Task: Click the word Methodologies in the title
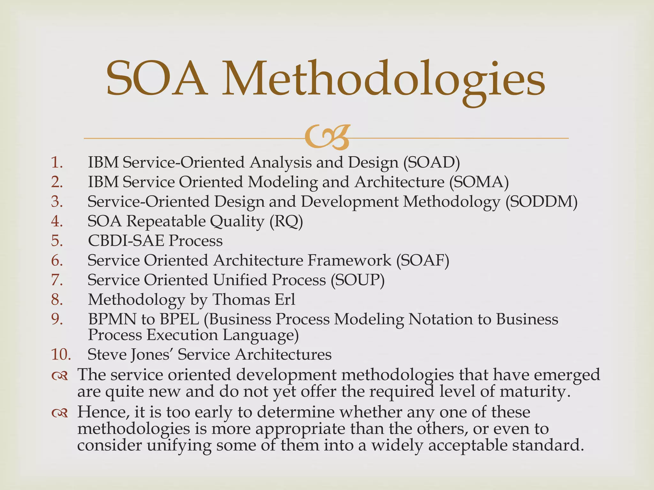click(383, 80)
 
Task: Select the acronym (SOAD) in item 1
click(431, 162)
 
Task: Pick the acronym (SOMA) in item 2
click(479, 182)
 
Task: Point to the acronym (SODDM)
click(542, 202)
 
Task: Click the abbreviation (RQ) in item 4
click(286, 221)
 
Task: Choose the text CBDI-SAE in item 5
click(126, 241)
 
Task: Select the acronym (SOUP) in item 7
click(358, 280)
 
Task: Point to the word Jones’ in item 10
click(152, 354)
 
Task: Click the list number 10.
click(61, 354)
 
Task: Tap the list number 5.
click(57, 241)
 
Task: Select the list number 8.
click(57, 300)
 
